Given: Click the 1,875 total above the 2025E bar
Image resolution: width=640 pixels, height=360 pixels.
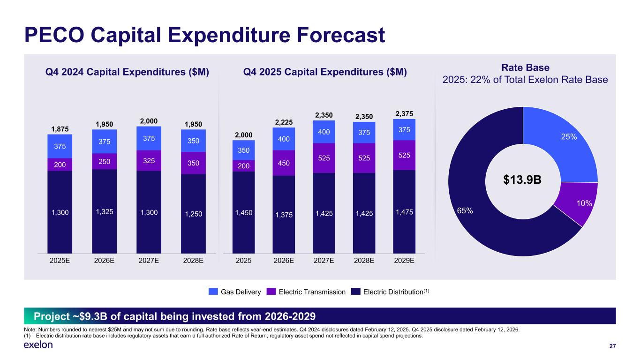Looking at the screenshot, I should pyautogui.click(x=60, y=129).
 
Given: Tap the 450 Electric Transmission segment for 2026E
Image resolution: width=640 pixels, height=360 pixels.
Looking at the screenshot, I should pyautogui.click(x=284, y=163).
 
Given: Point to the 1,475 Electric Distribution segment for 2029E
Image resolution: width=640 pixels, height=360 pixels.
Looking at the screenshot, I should pyautogui.click(x=404, y=212).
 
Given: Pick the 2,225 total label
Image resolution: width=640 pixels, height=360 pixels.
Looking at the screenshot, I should pyautogui.click(x=284, y=122).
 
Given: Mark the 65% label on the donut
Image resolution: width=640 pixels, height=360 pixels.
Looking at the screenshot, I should pyautogui.click(x=465, y=211).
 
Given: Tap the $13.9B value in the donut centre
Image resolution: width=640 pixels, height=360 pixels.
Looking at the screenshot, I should pyautogui.click(x=523, y=180).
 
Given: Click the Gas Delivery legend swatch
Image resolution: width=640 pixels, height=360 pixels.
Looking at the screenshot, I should pyautogui.click(x=213, y=292).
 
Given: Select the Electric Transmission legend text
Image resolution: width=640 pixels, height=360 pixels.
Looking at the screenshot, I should pyautogui.click(x=312, y=292).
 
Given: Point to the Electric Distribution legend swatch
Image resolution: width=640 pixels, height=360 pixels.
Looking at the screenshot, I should pyautogui.click(x=356, y=292).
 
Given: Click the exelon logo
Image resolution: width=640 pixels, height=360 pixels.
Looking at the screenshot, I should pyautogui.click(x=38, y=345).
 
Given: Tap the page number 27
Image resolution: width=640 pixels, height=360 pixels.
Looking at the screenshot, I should pyautogui.click(x=612, y=346).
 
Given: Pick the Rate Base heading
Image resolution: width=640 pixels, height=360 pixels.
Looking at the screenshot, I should pyautogui.click(x=525, y=68).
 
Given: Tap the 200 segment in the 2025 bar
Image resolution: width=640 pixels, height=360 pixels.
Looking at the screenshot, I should pyautogui.click(x=243, y=165).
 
